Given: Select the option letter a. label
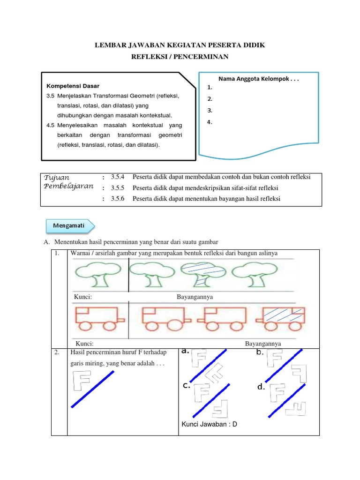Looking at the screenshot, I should pyautogui.click(x=185, y=350).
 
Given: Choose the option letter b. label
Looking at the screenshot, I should pyautogui.click(x=260, y=352).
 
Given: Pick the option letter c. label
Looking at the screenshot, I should pyautogui.click(x=187, y=386).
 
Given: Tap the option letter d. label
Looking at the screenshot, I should pyautogui.click(x=261, y=387).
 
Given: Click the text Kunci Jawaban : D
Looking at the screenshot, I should pyautogui.click(x=209, y=425).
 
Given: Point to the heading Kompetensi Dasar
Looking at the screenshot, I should pyautogui.click(x=73, y=86).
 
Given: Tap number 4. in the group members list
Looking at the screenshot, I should pyautogui.click(x=210, y=122).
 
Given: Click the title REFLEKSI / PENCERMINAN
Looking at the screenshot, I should pyautogui.click(x=180, y=57).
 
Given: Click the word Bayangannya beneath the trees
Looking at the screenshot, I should pyautogui.click(x=195, y=297).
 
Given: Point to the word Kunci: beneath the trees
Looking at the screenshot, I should pyautogui.click(x=82, y=297).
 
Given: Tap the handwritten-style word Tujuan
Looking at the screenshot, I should pyautogui.click(x=57, y=178).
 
